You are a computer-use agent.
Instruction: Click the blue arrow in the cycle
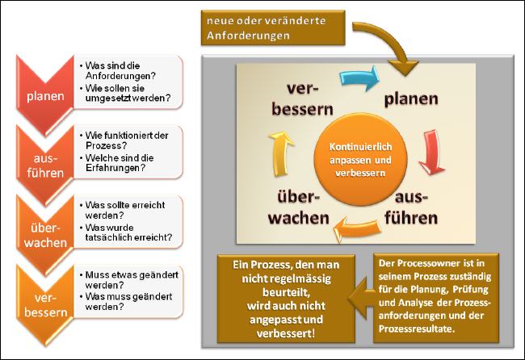coord(359,77)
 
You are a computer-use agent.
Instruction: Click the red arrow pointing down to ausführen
coord(432,153)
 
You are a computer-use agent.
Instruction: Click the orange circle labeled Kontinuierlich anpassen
coord(360,160)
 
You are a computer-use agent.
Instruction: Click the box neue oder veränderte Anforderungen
coord(273,27)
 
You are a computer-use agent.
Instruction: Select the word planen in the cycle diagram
coord(411,99)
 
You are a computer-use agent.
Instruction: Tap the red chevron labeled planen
coord(45,95)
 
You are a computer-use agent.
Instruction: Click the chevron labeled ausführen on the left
coord(45,165)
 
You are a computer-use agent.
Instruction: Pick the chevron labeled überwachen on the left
coord(45,235)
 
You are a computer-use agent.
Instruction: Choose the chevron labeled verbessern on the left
coord(45,305)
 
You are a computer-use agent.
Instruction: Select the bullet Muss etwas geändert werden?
coord(129,280)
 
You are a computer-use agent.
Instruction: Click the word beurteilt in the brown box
coord(285,292)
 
